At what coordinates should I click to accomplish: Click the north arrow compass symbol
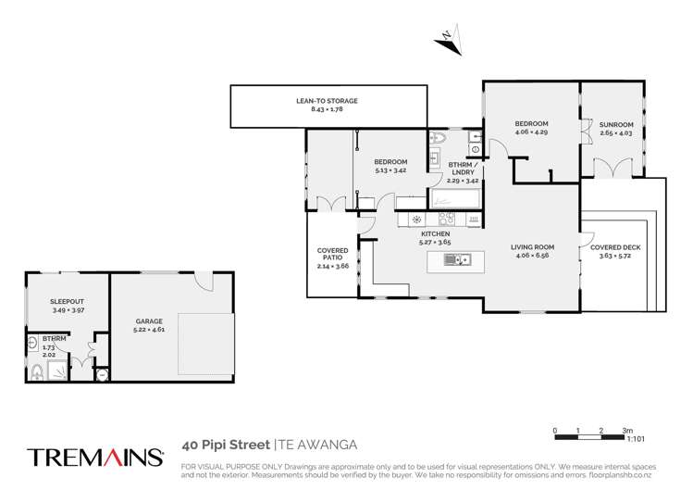click(x=445, y=38)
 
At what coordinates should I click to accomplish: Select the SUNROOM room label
click(x=615, y=124)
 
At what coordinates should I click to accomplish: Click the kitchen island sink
click(x=457, y=260)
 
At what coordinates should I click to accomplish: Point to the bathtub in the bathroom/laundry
click(x=454, y=198)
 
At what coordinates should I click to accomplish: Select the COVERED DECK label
click(x=614, y=248)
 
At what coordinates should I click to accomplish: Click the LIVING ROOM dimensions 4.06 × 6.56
click(x=532, y=256)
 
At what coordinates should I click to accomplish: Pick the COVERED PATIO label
click(x=332, y=251)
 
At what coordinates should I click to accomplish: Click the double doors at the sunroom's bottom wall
click(x=609, y=169)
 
